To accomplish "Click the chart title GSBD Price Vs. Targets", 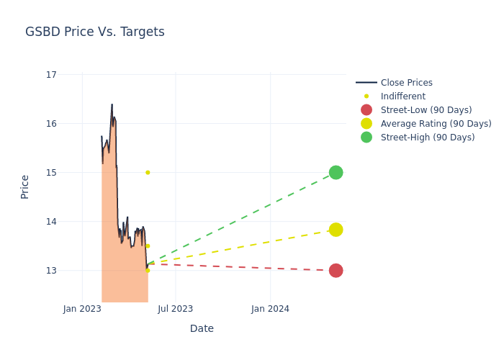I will [95, 32].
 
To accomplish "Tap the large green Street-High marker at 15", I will [336, 173].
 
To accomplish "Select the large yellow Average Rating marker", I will [336, 230].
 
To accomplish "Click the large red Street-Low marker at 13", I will [336, 271].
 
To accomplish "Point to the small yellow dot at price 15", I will [148, 173].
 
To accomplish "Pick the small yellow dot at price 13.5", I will [148, 246].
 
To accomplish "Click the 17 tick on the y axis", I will [51, 75].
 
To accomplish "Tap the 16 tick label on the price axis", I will [51, 124].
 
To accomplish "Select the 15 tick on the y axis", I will [51, 173].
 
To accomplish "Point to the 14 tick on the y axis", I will [51, 222].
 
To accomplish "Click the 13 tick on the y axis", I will [51, 271].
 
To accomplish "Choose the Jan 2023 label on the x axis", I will [82, 309].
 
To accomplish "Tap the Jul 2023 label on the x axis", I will [176, 309].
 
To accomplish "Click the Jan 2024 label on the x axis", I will [271, 309].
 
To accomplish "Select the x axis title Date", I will [202, 329].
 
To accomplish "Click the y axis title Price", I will [25, 186].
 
